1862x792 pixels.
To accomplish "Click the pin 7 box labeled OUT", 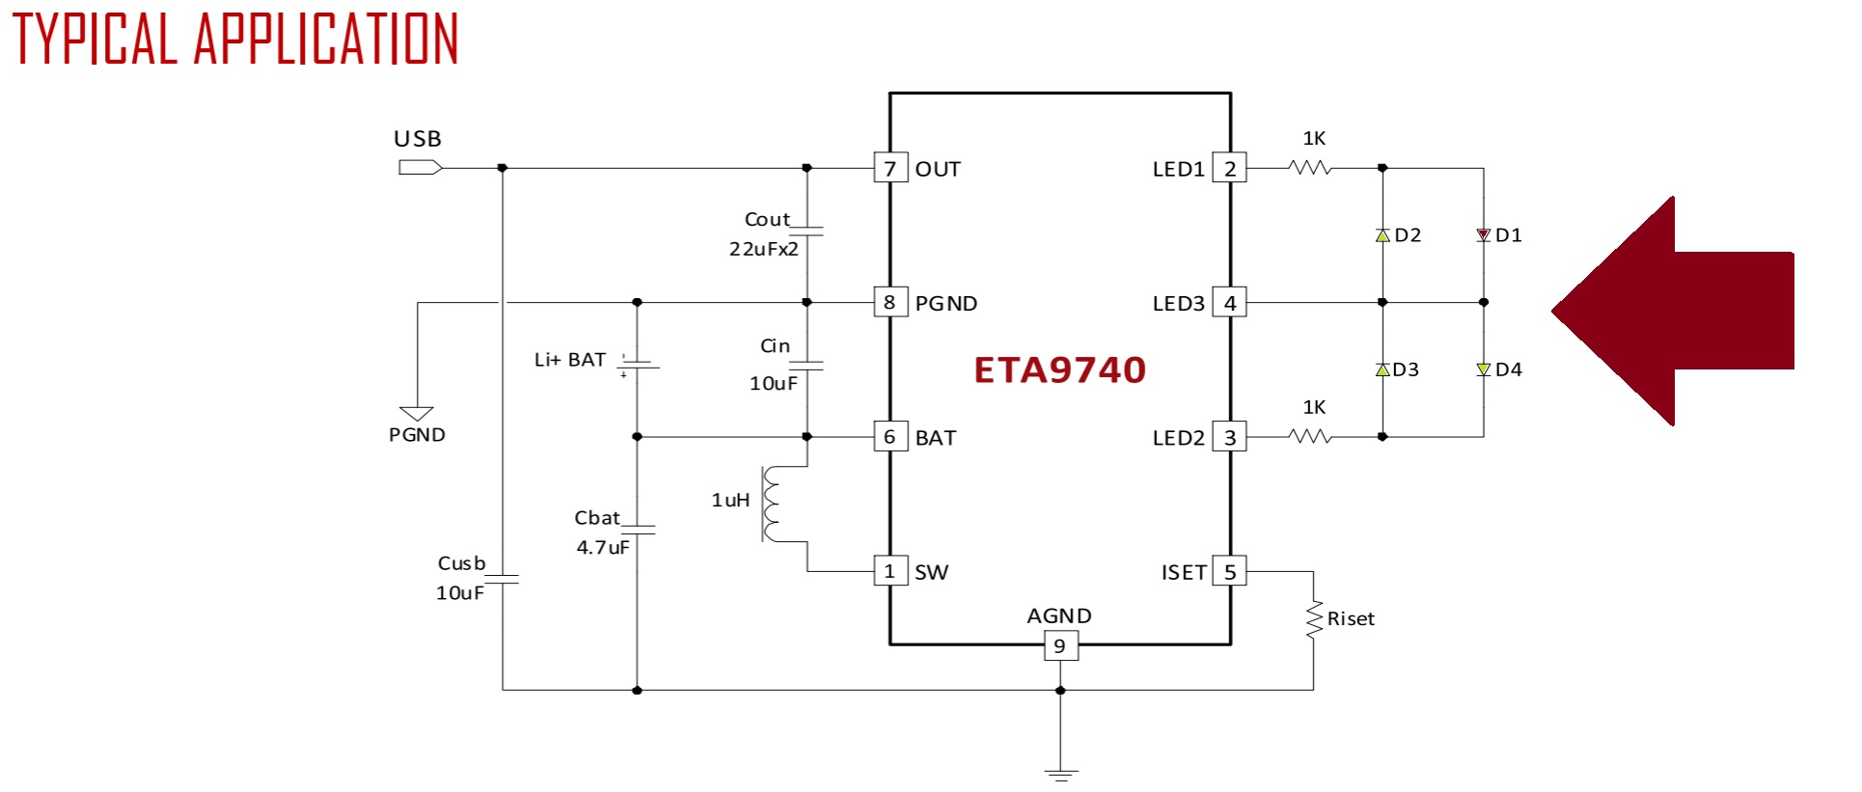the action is tap(890, 168).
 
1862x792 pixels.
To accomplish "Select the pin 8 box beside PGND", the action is tap(890, 303).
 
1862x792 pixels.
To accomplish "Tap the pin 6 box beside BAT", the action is tap(890, 437).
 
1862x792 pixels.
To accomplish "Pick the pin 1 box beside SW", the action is tap(890, 571).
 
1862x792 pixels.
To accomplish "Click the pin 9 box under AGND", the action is tap(1060, 645).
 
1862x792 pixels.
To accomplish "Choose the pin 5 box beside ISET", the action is tap(1230, 571).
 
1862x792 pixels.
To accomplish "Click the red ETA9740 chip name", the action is tap(1059, 370).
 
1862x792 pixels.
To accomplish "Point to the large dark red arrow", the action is tap(1672, 311).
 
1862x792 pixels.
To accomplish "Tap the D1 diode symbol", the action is tap(1484, 235).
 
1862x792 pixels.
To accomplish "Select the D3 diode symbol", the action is tap(1383, 369).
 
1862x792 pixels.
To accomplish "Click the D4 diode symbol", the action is tap(1484, 369).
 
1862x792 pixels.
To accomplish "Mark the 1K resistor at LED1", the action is tap(1310, 168).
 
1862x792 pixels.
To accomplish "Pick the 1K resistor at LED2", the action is tap(1310, 437).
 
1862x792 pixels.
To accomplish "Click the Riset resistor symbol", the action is tap(1314, 619).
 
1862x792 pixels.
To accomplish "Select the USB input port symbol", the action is tap(420, 168).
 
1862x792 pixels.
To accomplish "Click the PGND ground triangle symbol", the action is tap(417, 414).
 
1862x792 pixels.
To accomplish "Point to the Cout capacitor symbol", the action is tap(807, 232).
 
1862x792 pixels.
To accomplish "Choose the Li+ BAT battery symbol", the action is tap(637, 365).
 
